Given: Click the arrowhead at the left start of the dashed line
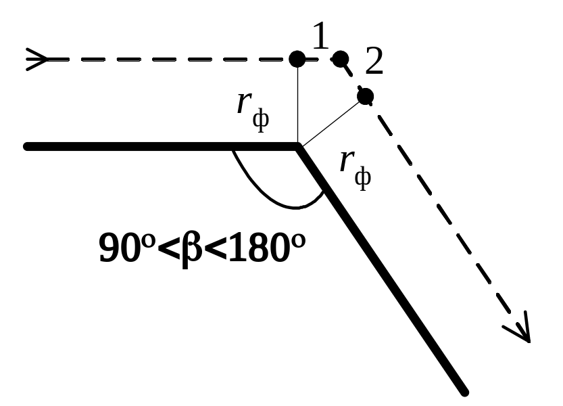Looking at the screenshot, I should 37,60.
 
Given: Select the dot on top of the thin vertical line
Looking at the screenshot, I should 297,59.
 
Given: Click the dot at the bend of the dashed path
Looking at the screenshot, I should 341,58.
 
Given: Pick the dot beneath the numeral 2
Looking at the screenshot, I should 365,96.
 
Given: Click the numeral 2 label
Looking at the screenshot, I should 374,64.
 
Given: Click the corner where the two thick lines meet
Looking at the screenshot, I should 298,145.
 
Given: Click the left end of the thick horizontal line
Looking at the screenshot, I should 26,146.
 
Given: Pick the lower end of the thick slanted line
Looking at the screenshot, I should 464,390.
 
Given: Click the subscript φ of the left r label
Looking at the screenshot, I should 260,120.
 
